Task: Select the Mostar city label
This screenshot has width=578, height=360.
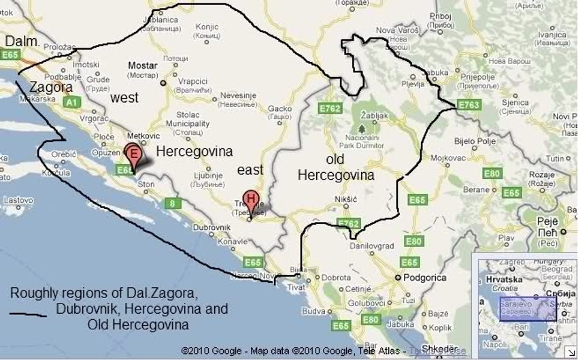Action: pyautogui.click(x=143, y=66)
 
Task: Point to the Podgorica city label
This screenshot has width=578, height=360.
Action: pyautogui.click(x=422, y=278)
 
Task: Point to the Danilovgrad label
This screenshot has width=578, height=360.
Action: pyautogui.click(x=367, y=246)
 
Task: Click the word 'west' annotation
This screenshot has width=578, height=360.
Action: pyautogui.click(x=124, y=98)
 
